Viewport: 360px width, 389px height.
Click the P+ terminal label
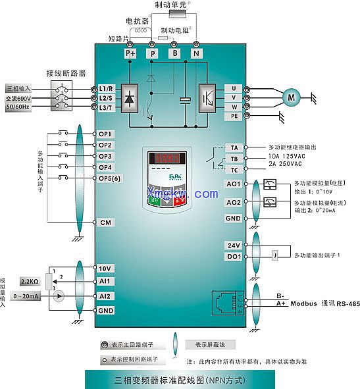130,53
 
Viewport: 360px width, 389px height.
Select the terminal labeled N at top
196,53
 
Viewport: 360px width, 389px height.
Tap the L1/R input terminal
107,88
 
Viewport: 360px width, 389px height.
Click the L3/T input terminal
107,108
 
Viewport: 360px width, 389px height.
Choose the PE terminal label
233,116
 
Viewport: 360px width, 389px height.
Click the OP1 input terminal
106,134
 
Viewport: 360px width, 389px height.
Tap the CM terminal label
105,223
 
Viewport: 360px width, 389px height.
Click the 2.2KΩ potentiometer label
30,280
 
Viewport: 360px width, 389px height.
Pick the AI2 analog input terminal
105,296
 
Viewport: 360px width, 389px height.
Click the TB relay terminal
234,159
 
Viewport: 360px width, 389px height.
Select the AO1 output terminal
234,184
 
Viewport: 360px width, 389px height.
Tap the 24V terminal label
234,245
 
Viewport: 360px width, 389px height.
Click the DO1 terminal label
234,257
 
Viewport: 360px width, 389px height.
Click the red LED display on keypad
165,159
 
